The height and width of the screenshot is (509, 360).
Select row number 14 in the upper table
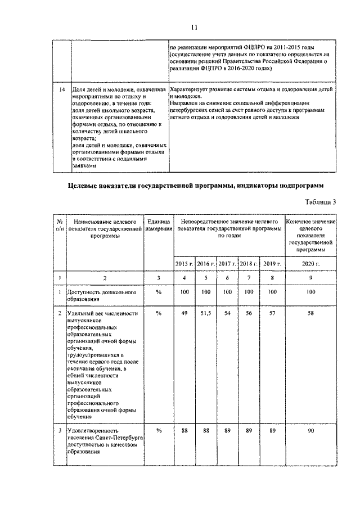coord(62,89)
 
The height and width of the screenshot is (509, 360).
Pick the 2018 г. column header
coord(249,263)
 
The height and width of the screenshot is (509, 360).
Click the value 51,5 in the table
coord(206,313)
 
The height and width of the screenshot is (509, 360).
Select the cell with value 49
coord(184,313)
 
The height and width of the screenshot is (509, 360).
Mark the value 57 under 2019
coord(272,313)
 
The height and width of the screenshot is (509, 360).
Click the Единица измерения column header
coord(159,228)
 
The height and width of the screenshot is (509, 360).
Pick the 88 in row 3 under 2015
coord(184,430)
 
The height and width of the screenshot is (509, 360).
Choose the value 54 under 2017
coord(227,313)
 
